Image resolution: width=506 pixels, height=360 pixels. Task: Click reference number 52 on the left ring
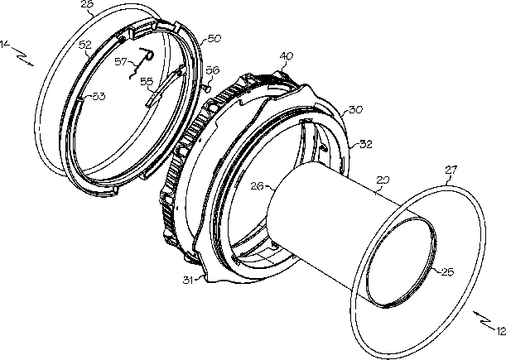click(x=86, y=45)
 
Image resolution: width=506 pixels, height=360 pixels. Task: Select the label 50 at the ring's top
click(x=214, y=39)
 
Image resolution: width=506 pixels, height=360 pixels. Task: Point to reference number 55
click(x=146, y=81)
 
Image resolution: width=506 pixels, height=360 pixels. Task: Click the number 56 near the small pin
click(x=212, y=70)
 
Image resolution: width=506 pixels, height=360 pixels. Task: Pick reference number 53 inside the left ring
click(x=99, y=96)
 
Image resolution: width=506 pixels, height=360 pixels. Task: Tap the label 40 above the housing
click(x=287, y=56)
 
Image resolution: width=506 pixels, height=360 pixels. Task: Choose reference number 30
click(x=356, y=109)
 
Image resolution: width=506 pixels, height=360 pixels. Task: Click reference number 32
click(x=365, y=143)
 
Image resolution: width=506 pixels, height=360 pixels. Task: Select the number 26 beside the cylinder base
click(x=257, y=186)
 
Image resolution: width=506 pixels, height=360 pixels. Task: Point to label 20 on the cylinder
click(x=383, y=179)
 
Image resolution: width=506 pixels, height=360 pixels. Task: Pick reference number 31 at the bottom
click(x=189, y=280)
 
